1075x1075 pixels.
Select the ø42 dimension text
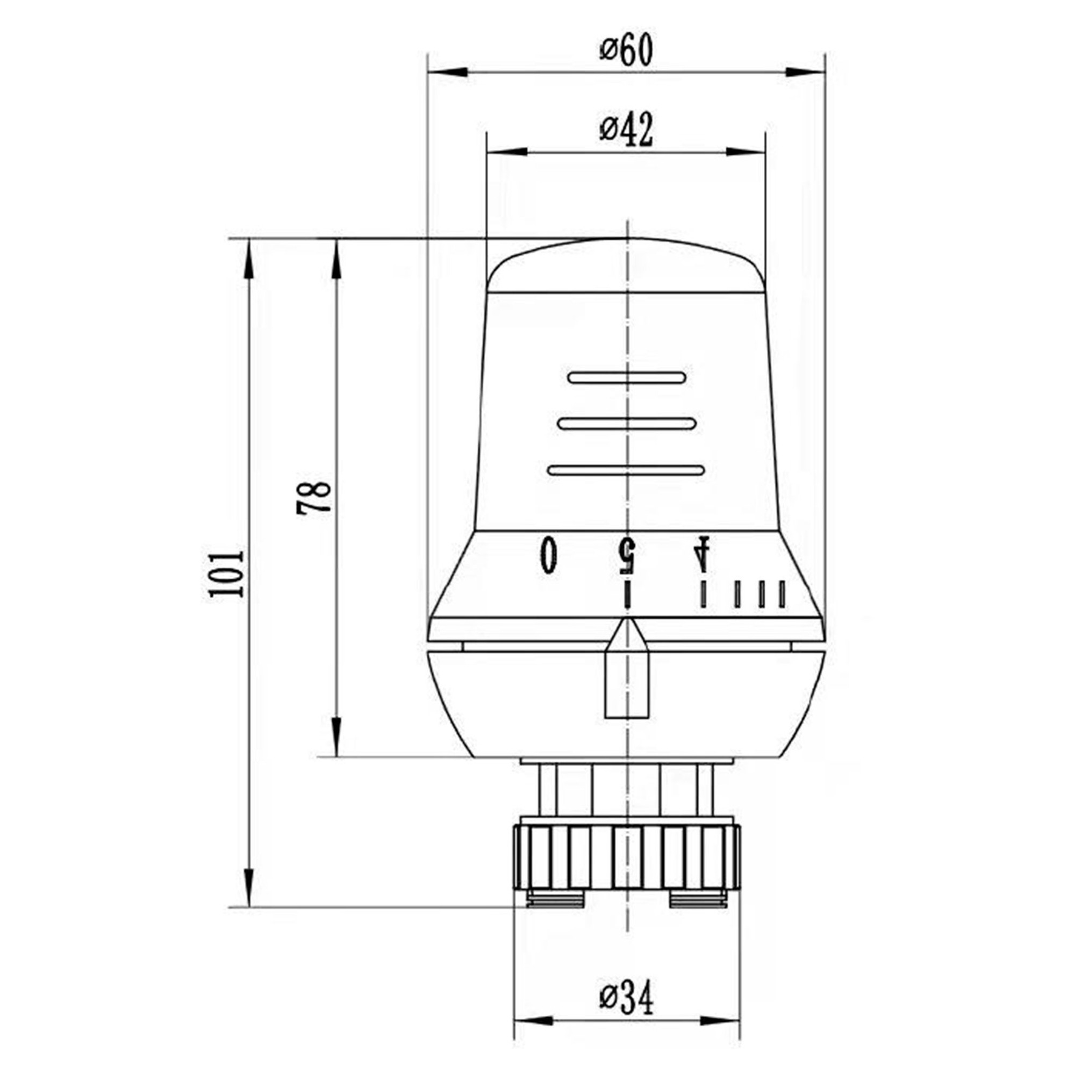click(626, 131)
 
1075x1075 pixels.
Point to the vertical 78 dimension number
click(314, 498)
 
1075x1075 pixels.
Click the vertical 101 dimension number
click(226, 574)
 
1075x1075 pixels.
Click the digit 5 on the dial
click(627, 555)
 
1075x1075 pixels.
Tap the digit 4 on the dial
click(703, 554)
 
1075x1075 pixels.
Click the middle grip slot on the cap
click(627, 424)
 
